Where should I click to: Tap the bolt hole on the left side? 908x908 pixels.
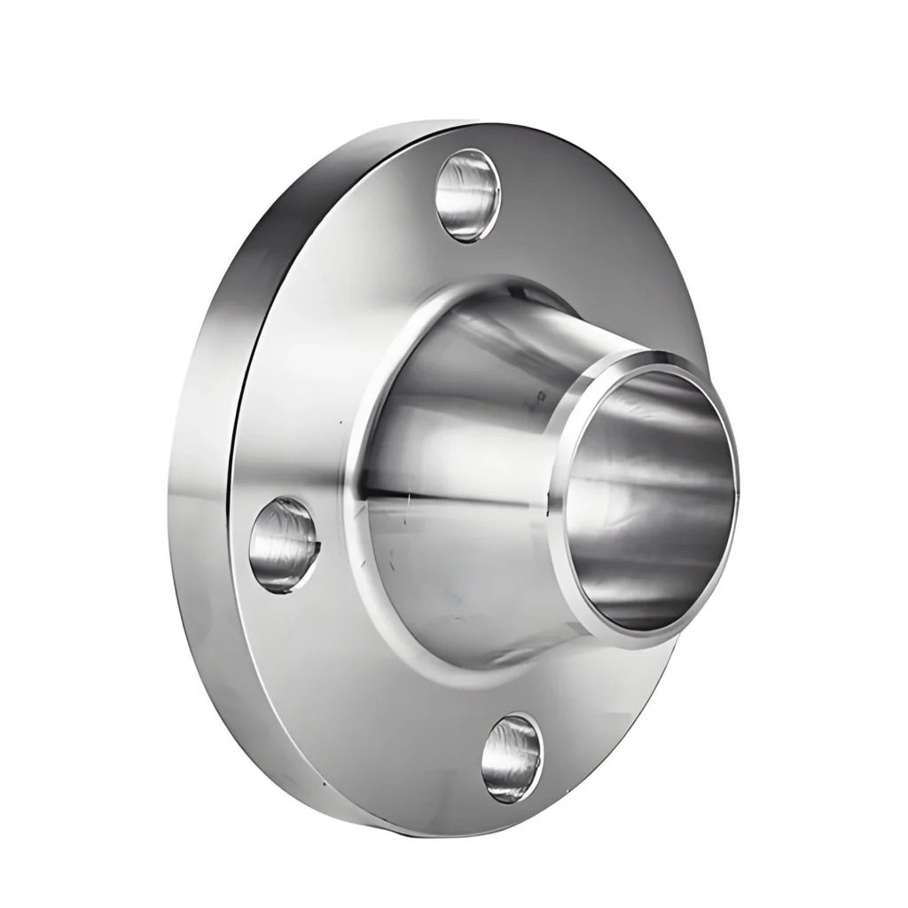point(282,544)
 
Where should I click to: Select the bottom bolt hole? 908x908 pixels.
point(513,756)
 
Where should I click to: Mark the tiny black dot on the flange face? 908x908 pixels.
point(340,419)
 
